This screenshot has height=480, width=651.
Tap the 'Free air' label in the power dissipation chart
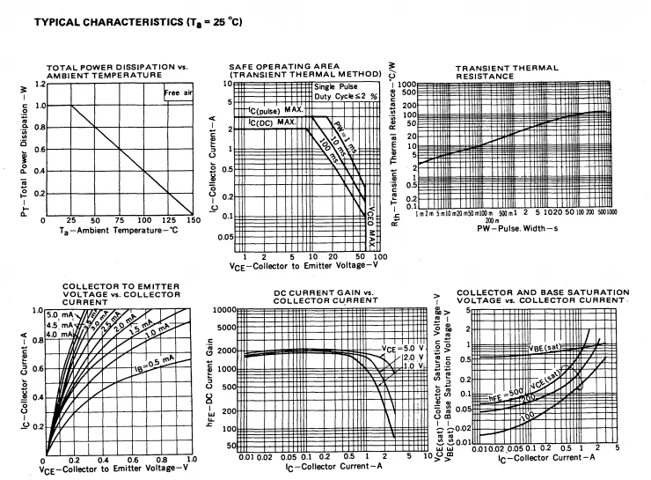tap(178, 92)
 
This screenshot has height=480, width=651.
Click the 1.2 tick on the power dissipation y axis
tap(39, 85)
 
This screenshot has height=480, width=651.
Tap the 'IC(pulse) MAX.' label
tap(275, 110)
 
